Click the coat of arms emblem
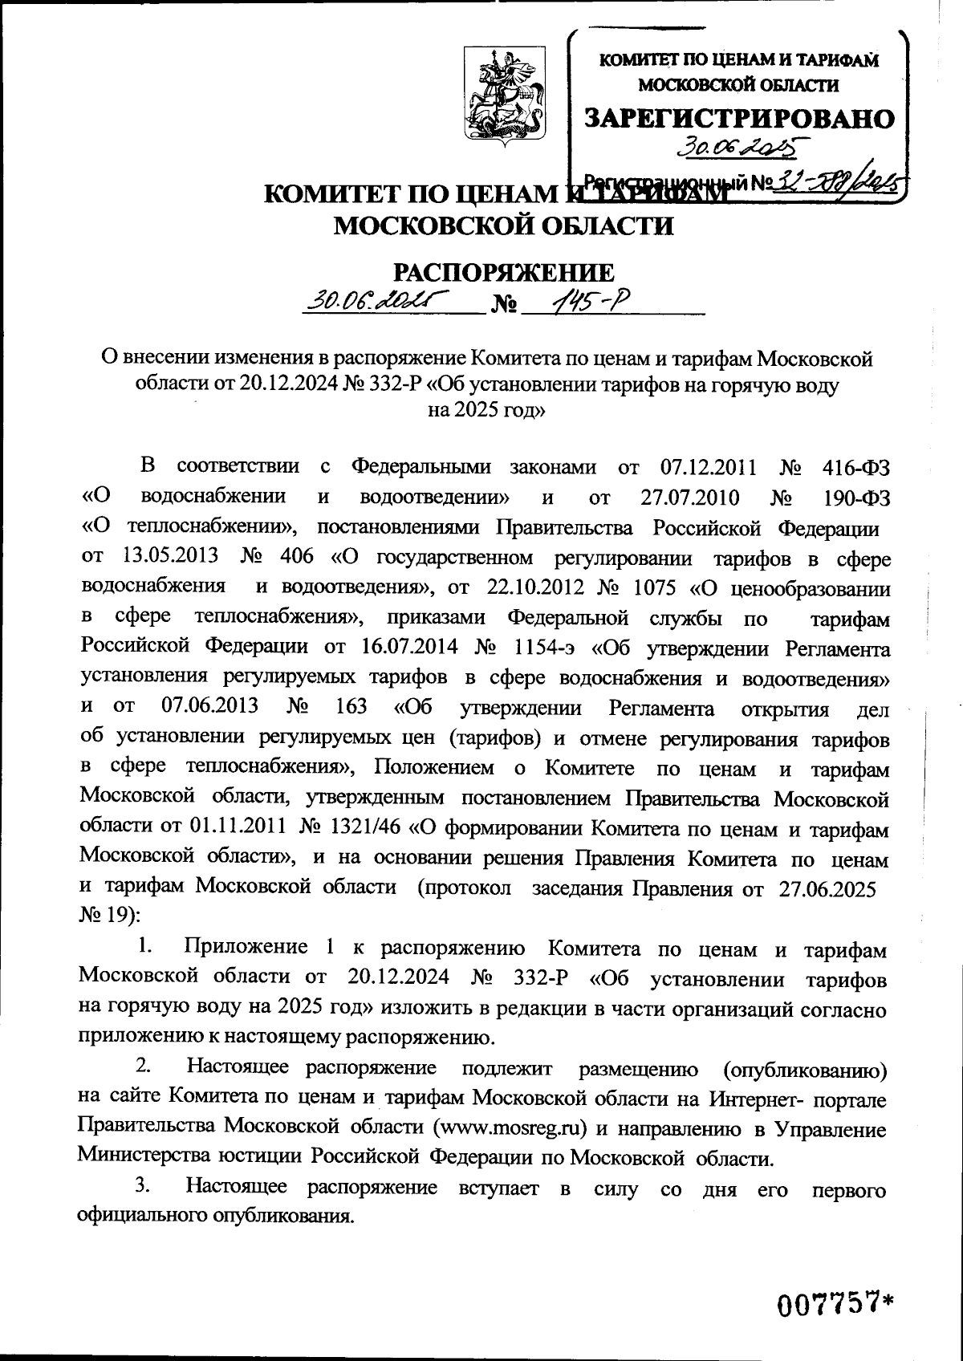point(503,93)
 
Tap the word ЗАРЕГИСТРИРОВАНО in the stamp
point(739,118)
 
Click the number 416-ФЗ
point(857,466)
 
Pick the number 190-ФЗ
point(857,497)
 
